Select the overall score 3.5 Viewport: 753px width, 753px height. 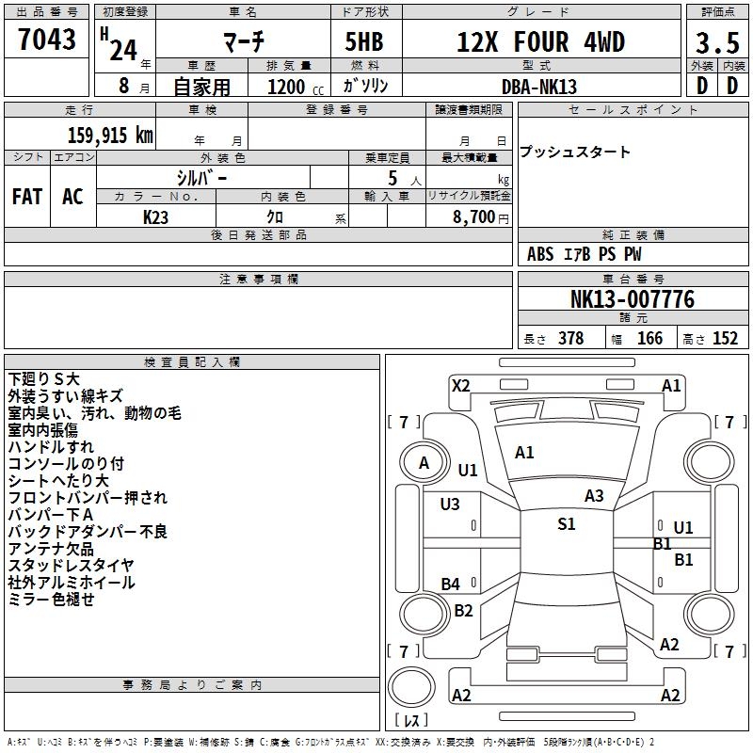point(716,43)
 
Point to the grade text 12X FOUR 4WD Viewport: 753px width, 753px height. point(540,42)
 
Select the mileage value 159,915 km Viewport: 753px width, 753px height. point(110,135)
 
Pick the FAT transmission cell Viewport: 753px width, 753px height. point(26,196)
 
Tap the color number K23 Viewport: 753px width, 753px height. point(155,216)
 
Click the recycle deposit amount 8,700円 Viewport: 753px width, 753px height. point(480,216)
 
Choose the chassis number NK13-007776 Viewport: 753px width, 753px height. point(633,299)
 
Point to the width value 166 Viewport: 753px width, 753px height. point(649,339)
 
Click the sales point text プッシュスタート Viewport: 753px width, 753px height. point(575,152)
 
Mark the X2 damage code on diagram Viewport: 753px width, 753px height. point(460,385)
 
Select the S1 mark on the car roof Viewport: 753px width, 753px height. point(566,524)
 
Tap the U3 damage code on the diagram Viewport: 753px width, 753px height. point(450,505)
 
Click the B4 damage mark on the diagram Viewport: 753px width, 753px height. point(451,585)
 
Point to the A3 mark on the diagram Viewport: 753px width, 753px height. point(594,495)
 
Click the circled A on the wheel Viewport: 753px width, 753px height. point(424,462)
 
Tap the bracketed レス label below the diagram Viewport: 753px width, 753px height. point(410,720)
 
